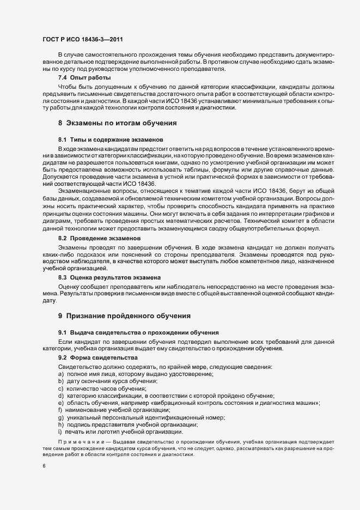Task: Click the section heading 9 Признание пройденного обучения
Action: [125, 315]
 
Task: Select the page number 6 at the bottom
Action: [44, 466]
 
